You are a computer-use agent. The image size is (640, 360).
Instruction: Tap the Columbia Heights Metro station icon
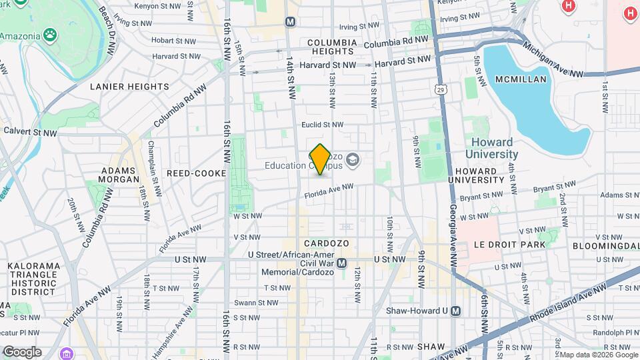[290, 22]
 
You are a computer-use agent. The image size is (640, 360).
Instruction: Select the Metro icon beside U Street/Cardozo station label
[342, 263]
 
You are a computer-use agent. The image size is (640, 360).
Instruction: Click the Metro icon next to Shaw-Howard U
[456, 311]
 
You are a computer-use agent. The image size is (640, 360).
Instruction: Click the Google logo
[22, 352]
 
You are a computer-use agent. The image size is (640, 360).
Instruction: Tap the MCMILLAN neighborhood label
[521, 79]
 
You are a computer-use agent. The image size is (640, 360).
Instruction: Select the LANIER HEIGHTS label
[129, 86]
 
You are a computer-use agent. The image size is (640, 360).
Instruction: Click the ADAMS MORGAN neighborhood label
[119, 175]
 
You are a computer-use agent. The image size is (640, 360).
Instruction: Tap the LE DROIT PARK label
[509, 244]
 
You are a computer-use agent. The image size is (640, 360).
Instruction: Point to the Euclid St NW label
[322, 125]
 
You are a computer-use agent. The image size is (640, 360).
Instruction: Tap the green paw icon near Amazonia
[51, 34]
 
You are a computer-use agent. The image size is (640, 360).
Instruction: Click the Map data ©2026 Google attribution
[598, 355]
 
